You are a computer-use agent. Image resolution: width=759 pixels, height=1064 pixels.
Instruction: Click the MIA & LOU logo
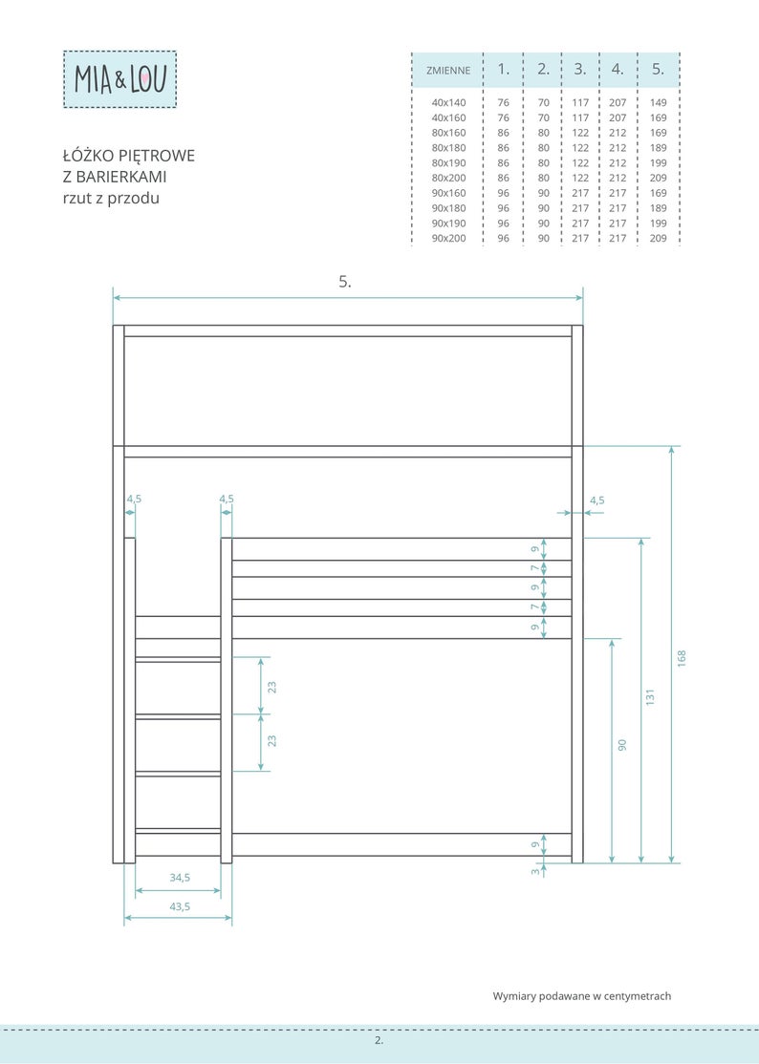[x=119, y=78]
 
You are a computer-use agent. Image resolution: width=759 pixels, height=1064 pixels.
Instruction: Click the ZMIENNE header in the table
[x=448, y=70]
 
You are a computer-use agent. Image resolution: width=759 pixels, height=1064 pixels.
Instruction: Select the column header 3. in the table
[x=580, y=69]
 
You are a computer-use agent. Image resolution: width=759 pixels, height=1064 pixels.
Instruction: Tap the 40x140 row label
[x=448, y=102]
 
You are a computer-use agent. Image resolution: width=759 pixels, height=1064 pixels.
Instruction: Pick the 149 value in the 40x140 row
[x=658, y=102]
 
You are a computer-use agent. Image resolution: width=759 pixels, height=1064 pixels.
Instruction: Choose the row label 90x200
[x=448, y=238]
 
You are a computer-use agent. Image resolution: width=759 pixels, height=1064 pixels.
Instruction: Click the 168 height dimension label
[x=682, y=658]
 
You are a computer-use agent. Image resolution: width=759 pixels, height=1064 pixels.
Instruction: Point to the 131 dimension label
[x=650, y=697]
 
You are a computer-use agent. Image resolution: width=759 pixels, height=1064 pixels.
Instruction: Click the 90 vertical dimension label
[x=622, y=744]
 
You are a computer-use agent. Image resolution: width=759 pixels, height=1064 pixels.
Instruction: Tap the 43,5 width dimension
[x=180, y=906]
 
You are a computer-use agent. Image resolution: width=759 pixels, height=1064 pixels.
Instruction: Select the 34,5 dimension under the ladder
[x=180, y=878]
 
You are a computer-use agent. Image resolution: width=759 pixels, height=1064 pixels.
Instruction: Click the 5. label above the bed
[x=345, y=282]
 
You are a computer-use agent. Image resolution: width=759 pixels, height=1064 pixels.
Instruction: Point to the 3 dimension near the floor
[x=535, y=871]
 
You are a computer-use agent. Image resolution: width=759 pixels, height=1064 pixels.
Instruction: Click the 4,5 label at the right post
[x=596, y=500]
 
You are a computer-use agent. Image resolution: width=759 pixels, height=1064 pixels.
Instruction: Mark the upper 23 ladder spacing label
[x=271, y=687]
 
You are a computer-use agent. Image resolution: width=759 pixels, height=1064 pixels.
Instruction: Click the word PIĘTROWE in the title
[x=157, y=156]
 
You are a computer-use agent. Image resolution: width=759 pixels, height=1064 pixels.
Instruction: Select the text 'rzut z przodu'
[x=111, y=198]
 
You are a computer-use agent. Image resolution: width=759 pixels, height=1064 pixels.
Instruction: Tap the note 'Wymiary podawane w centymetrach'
[x=582, y=996]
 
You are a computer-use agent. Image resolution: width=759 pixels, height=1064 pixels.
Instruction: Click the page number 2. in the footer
[x=379, y=1039]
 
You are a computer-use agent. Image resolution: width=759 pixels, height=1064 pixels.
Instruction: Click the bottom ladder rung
[x=178, y=831]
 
